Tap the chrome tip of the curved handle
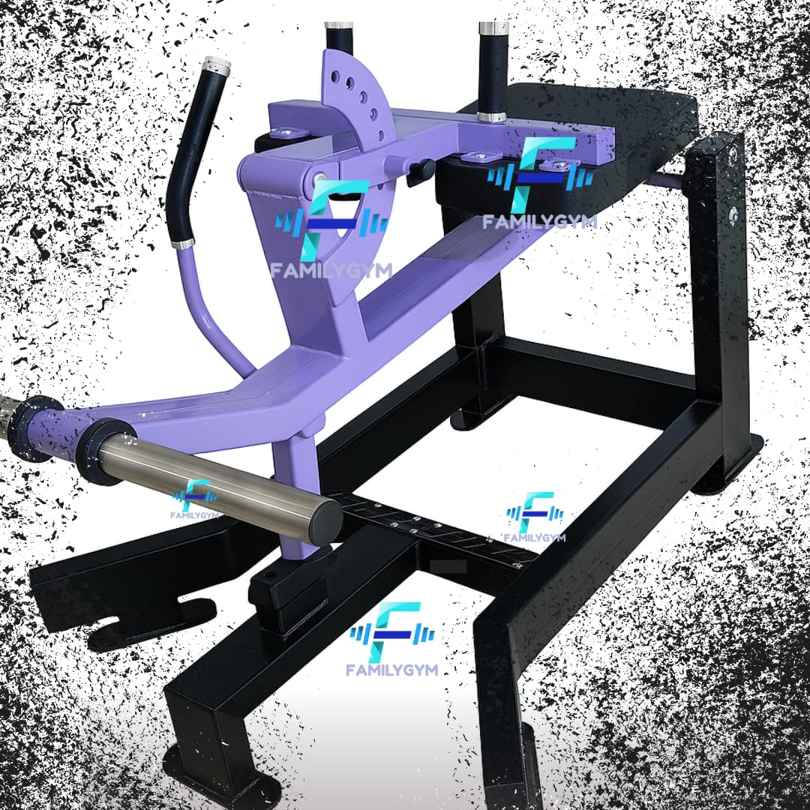pos(217,64)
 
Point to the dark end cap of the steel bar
pos(325,522)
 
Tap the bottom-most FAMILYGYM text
pos(392,670)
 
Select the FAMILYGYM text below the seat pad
pos(539,222)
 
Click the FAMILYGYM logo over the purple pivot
pos(331,228)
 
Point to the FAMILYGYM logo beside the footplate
pos(535,517)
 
